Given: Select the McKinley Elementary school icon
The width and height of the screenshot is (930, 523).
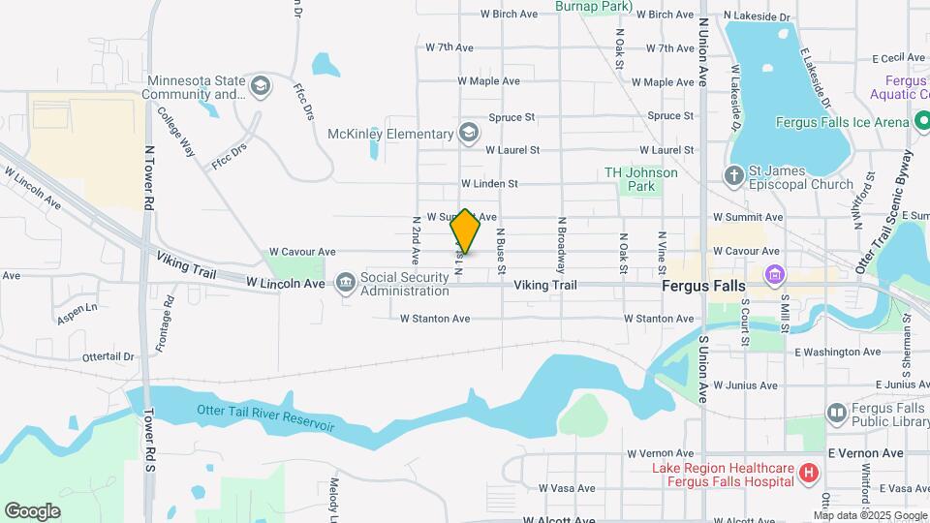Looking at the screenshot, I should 469,133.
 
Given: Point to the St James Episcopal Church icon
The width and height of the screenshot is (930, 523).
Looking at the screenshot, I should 734,175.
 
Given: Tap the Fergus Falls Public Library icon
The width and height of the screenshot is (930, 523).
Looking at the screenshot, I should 836,414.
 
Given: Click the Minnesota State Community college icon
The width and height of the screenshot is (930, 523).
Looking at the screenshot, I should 259,87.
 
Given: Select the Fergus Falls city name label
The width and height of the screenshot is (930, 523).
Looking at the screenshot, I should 703,287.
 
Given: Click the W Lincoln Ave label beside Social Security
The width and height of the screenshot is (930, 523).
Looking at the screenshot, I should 285,284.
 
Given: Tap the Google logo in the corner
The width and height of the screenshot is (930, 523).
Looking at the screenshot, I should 32,511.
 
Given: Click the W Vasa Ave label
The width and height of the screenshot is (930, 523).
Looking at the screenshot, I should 567,488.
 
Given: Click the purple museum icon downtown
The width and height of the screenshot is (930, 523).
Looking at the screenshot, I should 773,275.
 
